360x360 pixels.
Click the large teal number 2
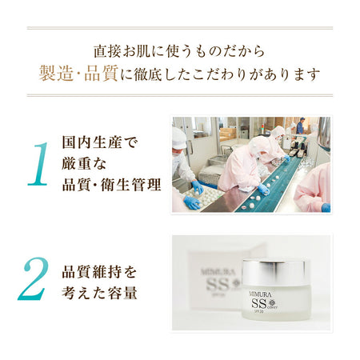34,278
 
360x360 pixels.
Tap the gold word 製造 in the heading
56,74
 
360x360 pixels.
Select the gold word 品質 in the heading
101,74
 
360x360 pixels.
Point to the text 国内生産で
99,142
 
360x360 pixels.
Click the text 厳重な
84,163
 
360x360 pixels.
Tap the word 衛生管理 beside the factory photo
131,185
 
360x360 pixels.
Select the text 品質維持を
99,272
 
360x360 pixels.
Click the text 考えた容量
99,293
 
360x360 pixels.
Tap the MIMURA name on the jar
260,294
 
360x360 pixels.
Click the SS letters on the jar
259,304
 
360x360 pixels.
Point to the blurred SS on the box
218,285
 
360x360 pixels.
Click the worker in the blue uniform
300,126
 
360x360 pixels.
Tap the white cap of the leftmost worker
178,138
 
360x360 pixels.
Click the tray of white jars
204,197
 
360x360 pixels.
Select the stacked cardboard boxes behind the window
227,134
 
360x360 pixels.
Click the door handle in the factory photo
190,147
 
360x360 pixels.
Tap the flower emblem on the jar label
272,303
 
